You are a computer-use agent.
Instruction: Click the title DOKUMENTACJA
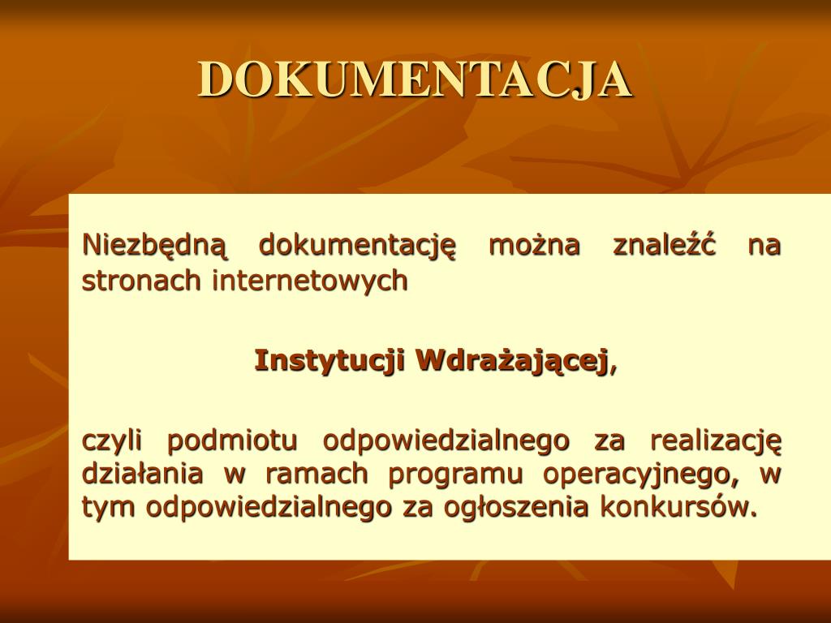[x=415, y=79]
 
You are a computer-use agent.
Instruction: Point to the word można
[x=534, y=245]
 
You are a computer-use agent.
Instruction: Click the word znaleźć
[x=665, y=245]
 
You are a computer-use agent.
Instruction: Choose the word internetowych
[x=310, y=281]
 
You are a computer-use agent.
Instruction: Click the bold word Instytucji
[x=330, y=361]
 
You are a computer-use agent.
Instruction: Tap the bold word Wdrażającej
[x=511, y=361]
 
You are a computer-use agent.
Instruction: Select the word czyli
[x=112, y=440]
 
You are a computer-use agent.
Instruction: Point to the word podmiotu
[x=232, y=440]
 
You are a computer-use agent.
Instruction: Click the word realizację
[x=716, y=440]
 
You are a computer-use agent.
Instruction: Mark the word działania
[x=143, y=473]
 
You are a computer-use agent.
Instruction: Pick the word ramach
[x=317, y=473]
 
